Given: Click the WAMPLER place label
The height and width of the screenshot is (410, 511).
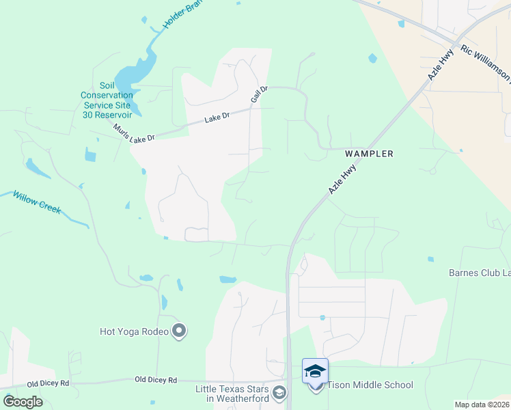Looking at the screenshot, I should tap(369, 154).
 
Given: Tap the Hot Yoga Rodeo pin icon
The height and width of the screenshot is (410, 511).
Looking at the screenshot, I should tap(180, 332).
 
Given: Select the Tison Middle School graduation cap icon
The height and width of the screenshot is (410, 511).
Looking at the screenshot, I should tap(315, 371).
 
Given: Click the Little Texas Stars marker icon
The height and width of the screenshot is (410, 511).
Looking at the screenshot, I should tap(279, 393).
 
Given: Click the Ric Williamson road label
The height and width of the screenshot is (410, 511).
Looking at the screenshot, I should tap(485, 63).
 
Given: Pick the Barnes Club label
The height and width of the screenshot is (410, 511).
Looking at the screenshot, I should tap(479, 273).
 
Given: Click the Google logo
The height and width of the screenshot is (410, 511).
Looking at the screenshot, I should tap(23, 402).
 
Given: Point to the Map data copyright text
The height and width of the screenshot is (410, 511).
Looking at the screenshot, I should tap(482, 405).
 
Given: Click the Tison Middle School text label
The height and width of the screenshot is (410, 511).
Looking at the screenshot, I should tap(370, 385).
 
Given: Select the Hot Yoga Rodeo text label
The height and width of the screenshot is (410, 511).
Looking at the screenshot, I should tap(133, 332).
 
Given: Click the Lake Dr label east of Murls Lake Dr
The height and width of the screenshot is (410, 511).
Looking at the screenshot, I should tap(217, 119).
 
